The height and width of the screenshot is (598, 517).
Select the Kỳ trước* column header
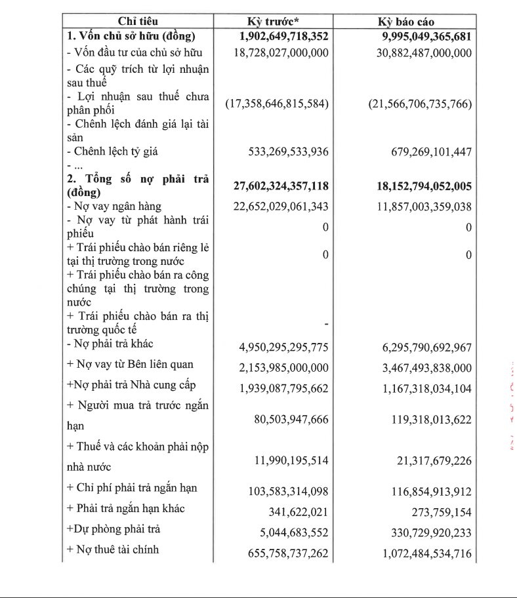click(x=282, y=22)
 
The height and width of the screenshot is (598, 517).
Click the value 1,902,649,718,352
click(x=281, y=37)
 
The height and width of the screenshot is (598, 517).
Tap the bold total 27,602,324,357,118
click(x=281, y=186)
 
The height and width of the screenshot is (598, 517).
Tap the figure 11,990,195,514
click(x=291, y=461)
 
